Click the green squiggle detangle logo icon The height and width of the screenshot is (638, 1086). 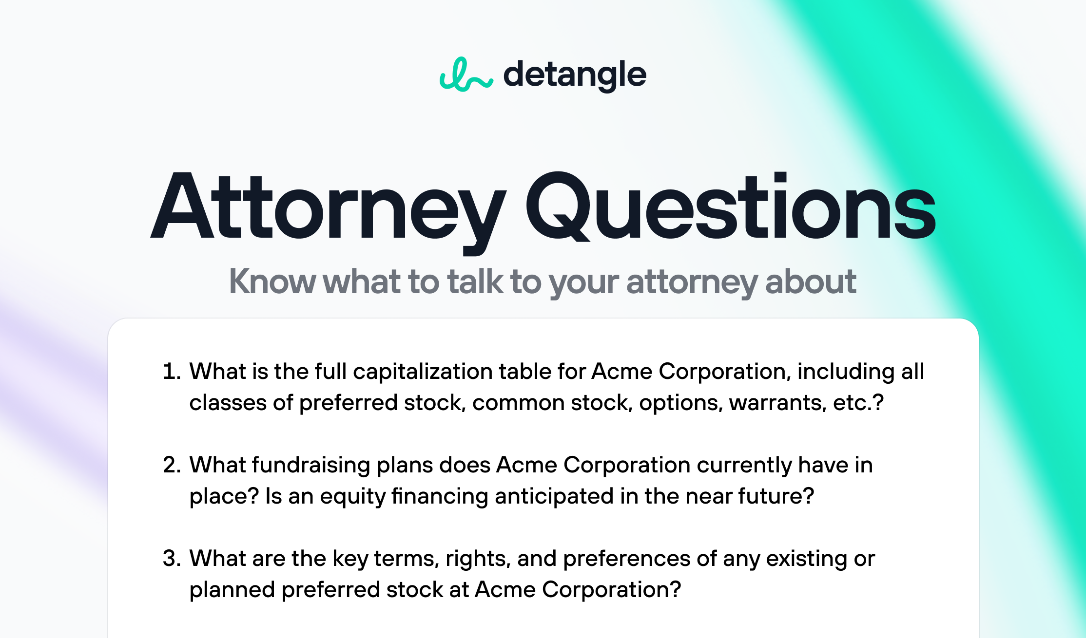pyautogui.click(x=466, y=75)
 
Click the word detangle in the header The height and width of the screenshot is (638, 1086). pyautogui.click(x=575, y=76)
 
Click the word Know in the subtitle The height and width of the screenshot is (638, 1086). pyautogui.click(x=272, y=281)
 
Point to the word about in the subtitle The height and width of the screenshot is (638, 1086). pyautogui.click(x=811, y=281)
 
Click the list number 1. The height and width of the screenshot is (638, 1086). pyautogui.click(x=172, y=371)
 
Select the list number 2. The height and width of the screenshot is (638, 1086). pyautogui.click(x=172, y=465)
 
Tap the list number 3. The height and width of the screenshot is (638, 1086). pyautogui.click(x=172, y=558)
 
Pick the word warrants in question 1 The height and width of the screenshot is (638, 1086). pyautogui.click(x=778, y=403)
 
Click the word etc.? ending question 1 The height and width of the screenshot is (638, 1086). pyautogui.click(x=858, y=403)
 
